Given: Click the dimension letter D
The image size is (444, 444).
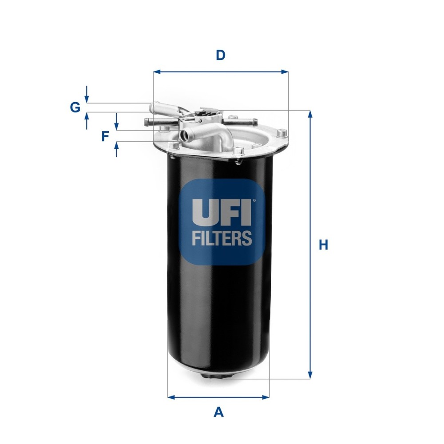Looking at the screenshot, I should (221, 55).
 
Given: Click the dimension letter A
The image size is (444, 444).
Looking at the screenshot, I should (218, 412).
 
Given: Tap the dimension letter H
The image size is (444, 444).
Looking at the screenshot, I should (324, 245).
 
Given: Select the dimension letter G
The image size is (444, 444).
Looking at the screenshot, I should (75, 107).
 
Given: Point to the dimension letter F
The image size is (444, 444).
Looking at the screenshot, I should (105, 136).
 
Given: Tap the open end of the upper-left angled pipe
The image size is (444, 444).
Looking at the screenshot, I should (152, 107).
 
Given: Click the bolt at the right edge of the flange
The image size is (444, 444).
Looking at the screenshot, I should (281, 132).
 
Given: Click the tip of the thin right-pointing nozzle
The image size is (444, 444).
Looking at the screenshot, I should (254, 121).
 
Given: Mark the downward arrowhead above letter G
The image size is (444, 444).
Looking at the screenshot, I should (87, 99).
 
